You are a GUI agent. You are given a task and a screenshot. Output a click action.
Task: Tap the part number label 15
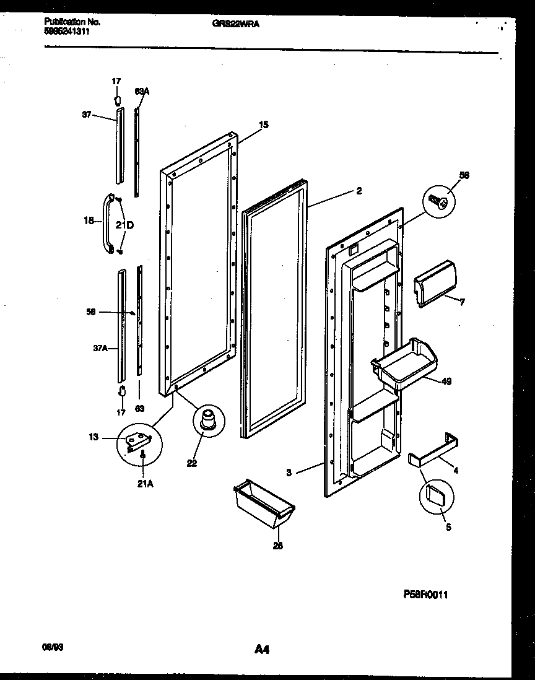click(x=263, y=124)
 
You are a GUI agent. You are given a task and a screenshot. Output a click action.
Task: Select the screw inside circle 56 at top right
click(x=439, y=201)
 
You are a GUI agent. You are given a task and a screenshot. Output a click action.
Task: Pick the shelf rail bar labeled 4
click(x=433, y=450)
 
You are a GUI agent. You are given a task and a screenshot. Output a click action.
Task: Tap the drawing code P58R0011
click(x=425, y=594)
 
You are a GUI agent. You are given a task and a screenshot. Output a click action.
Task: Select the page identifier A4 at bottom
click(x=261, y=650)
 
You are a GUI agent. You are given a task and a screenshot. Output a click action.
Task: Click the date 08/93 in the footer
click(x=53, y=646)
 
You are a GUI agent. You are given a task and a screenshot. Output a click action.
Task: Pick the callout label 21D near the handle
click(x=124, y=225)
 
